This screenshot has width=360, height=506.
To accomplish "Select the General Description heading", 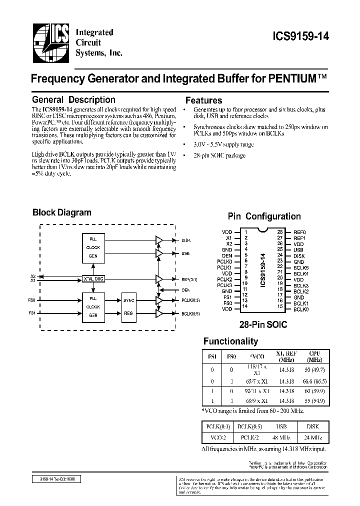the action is [x=73, y=100].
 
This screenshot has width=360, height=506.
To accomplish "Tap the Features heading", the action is [x=203, y=100].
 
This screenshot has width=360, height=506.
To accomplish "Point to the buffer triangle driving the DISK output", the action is [x=159, y=240].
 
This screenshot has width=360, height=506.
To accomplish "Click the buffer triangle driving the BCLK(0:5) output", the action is [x=159, y=313].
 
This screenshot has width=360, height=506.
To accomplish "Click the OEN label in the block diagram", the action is [x=185, y=289].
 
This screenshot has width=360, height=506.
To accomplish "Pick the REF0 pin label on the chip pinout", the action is [x=299, y=232].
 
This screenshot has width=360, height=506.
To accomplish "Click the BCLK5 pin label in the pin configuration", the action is [x=301, y=267].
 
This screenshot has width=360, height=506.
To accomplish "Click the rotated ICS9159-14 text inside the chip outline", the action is [x=261, y=270].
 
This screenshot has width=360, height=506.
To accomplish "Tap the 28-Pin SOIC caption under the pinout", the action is [x=264, y=324].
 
